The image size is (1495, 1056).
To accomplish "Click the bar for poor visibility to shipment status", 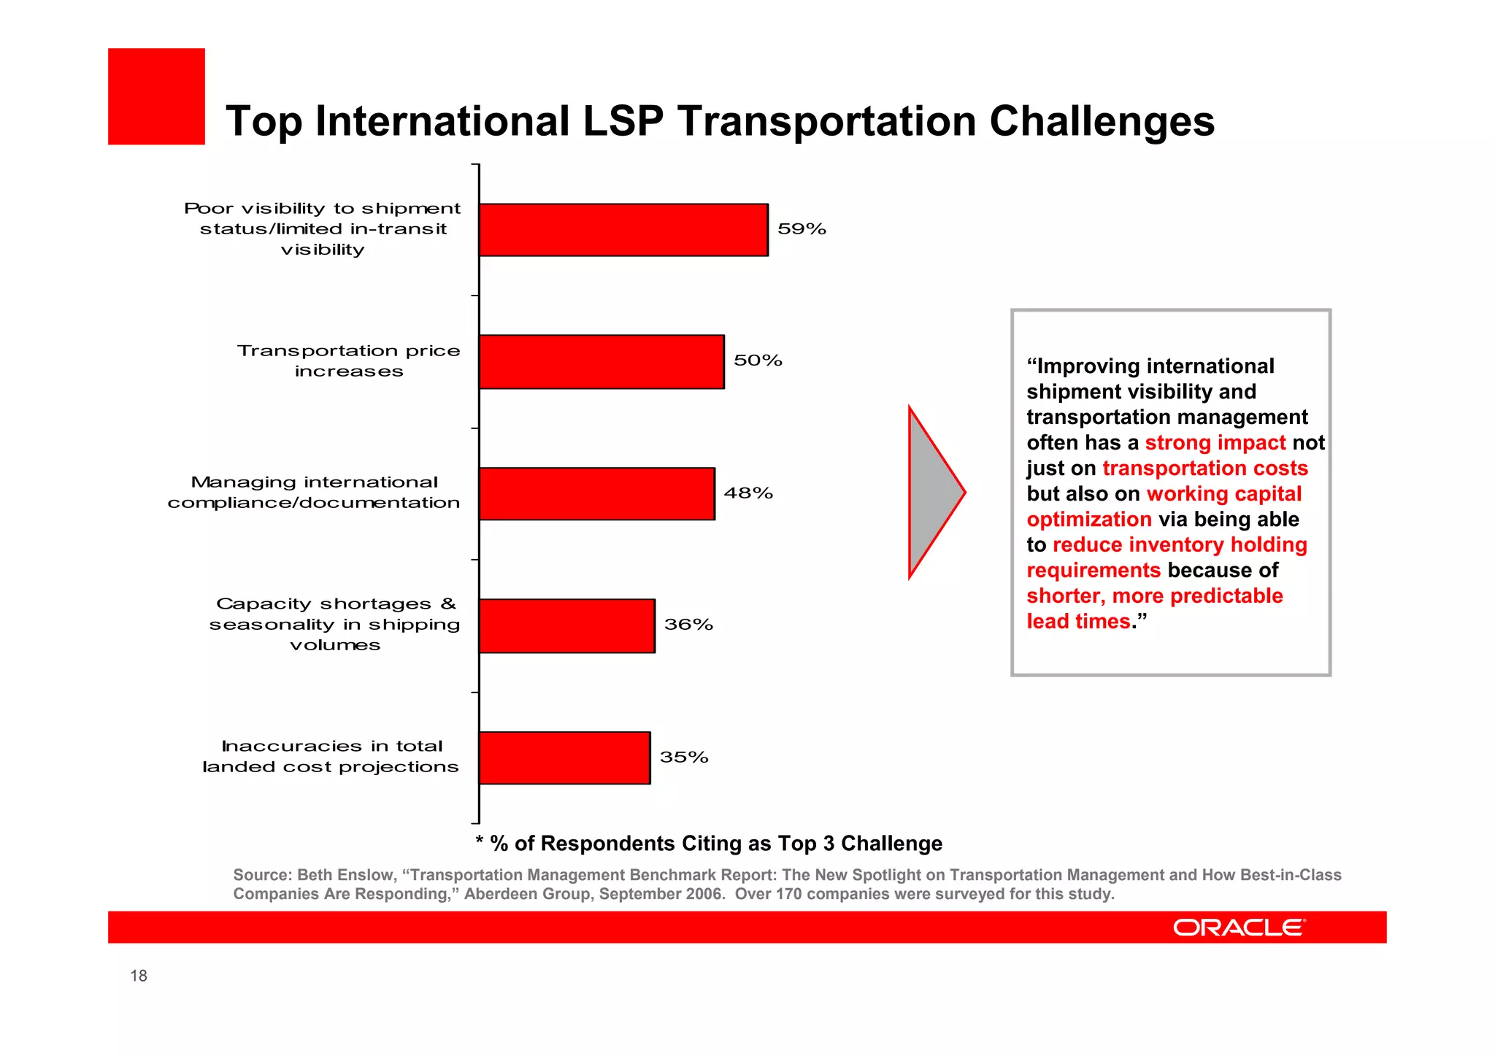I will click(x=623, y=230).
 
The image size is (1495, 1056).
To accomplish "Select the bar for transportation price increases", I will click(x=602, y=362).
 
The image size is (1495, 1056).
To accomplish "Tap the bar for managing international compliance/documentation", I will click(x=596, y=494).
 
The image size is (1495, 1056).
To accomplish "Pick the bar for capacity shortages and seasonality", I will click(x=566, y=626).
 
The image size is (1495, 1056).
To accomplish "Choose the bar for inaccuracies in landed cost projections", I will click(x=564, y=758).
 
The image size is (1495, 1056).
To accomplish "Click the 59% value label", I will click(x=802, y=229).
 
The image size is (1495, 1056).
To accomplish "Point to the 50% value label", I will click(x=758, y=361).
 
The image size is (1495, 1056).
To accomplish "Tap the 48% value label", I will click(x=748, y=493).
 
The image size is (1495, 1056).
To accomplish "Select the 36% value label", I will click(x=688, y=625).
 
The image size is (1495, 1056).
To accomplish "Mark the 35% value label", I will click(x=684, y=758).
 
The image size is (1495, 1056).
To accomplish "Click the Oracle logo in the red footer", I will click(x=1239, y=928).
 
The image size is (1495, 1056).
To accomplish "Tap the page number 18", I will click(x=139, y=976).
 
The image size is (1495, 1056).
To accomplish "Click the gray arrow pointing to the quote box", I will click(x=934, y=493).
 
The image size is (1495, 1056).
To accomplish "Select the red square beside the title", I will click(x=156, y=96).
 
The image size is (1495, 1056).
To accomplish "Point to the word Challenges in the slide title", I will click(x=1102, y=121).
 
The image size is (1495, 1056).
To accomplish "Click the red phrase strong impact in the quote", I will click(x=1215, y=443).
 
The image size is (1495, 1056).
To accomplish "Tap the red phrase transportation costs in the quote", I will click(x=1204, y=469).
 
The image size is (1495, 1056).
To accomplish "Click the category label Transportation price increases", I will click(x=349, y=361).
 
